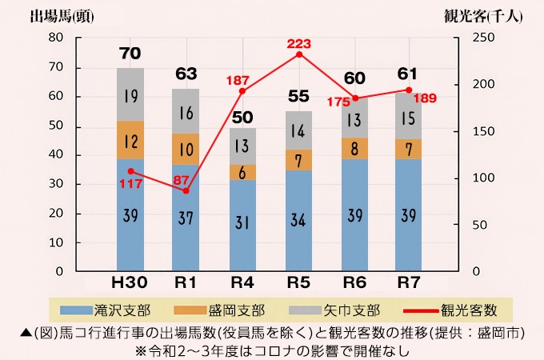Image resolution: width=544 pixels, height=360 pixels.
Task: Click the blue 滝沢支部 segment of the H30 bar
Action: pyautogui.click(x=130, y=214)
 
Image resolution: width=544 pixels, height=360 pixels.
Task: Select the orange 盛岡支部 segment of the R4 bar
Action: pyautogui.click(x=242, y=172)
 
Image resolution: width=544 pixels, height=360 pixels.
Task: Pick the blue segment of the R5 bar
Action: pyautogui.click(x=298, y=220)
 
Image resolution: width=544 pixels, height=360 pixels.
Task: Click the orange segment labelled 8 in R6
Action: pyautogui.click(x=354, y=148)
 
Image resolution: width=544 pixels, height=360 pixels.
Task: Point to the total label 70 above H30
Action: pyautogui.click(x=130, y=54)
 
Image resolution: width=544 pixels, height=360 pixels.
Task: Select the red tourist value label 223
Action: pyautogui.click(x=298, y=43)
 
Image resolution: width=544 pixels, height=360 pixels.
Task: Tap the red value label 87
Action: pyautogui.click(x=181, y=180)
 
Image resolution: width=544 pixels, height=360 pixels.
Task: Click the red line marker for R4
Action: pyautogui.click(x=242, y=90)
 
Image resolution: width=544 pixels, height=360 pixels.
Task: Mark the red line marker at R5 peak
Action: pyautogui.click(x=298, y=54)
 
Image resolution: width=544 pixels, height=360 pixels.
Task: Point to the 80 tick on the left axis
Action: pyautogui.click(x=55, y=38)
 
